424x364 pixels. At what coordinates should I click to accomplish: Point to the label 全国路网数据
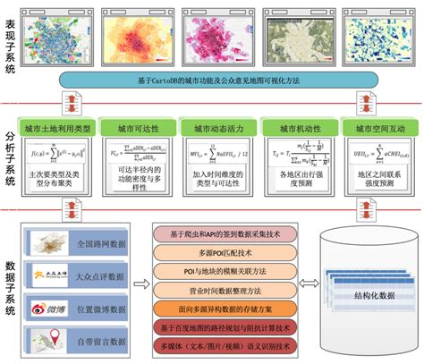(x=100, y=242)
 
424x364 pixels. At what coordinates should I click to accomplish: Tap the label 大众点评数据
(x=100, y=275)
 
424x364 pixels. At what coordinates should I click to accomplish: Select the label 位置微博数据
(x=100, y=309)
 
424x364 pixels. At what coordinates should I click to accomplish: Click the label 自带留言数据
(x=100, y=341)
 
